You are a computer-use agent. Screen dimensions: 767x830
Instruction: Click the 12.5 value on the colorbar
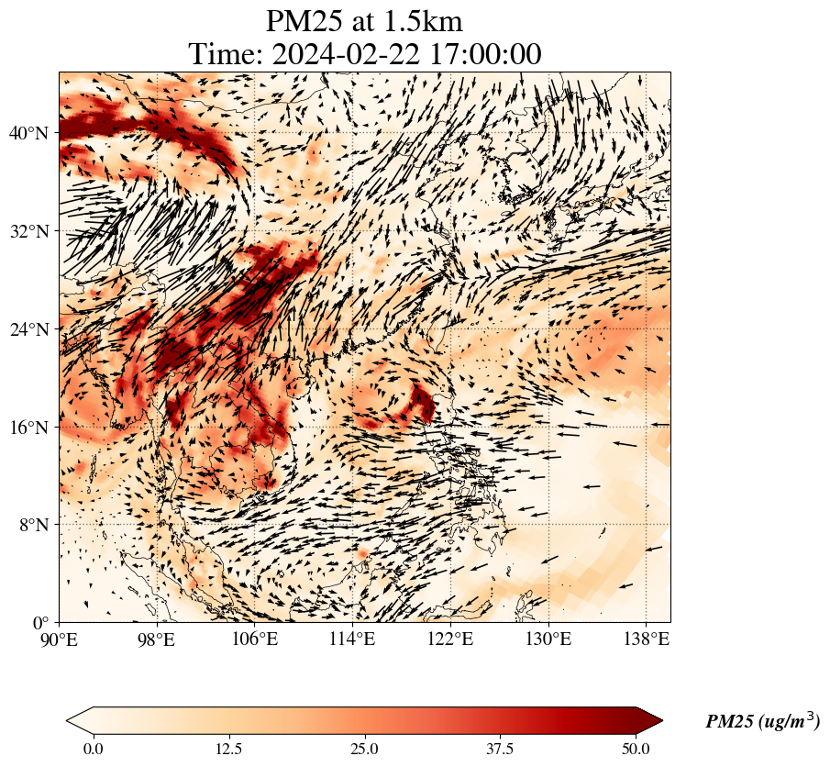pos(228,749)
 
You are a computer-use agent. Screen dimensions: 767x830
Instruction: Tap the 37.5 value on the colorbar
pos(500,749)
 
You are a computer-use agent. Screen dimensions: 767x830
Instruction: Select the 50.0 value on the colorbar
pos(636,749)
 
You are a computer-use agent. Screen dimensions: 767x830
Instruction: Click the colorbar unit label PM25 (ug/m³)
pos(762,722)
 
